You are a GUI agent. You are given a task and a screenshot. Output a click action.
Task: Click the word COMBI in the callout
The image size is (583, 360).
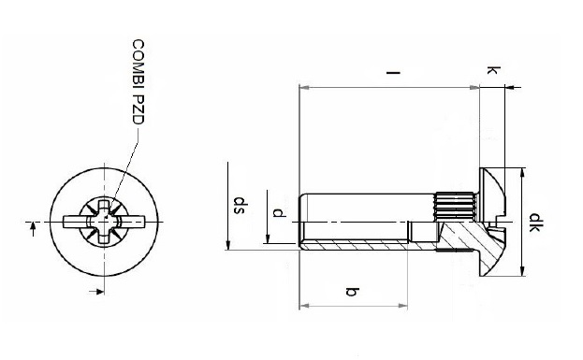[x=138, y=65]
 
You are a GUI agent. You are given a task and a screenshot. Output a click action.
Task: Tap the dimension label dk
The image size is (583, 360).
[x=534, y=223]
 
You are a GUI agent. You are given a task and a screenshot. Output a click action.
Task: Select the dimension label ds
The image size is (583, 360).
[x=239, y=206]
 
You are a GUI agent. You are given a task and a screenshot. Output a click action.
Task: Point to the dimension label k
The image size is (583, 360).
[x=493, y=70]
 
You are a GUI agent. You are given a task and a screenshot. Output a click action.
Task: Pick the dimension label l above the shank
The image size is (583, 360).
[x=393, y=72]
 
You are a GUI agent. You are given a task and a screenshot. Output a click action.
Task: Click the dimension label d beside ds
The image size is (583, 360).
[x=279, y=213]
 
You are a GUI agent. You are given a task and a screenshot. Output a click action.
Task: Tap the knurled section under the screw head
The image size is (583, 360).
[x=455, y=207]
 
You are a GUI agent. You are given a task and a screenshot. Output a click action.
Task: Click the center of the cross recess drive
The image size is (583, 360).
[x=105, y=222]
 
